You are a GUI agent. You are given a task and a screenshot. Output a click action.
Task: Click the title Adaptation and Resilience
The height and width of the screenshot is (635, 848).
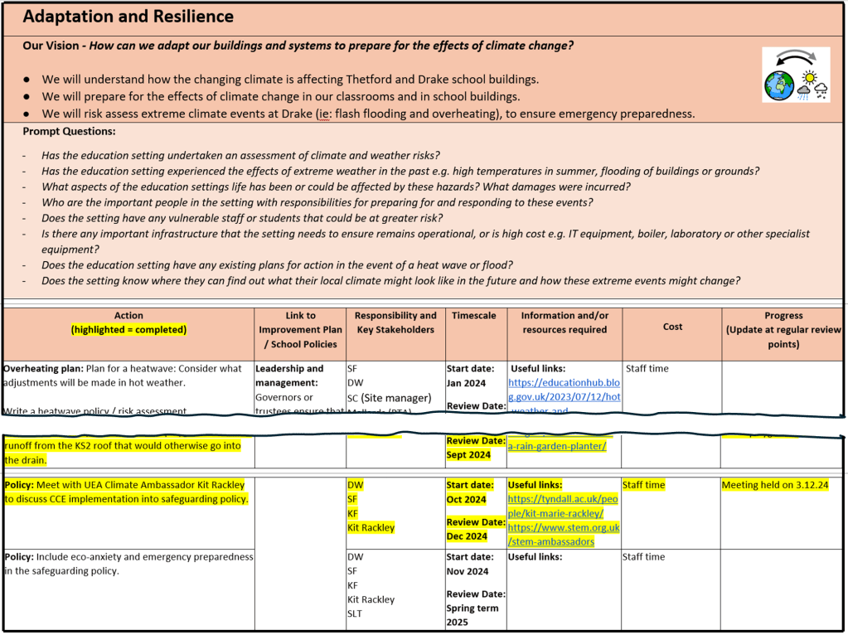coord(128,17)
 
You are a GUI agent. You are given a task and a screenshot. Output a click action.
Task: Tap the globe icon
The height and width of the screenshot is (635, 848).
coord(779,85)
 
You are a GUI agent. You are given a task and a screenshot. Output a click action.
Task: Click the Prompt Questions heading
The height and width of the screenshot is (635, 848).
coord(70,131)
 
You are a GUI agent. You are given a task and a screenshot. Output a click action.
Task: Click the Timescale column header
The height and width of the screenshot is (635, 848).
coord(474,316)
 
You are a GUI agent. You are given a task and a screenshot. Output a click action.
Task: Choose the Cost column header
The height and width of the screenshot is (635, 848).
coord(672,327)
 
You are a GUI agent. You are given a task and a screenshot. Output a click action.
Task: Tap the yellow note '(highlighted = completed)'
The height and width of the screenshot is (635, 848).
coord(128,330)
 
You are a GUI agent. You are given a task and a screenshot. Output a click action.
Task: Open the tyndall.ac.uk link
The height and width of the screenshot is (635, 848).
coord(563,507)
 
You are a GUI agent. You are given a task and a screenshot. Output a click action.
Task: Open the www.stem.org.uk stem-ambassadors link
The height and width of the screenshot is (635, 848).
coord(563,535)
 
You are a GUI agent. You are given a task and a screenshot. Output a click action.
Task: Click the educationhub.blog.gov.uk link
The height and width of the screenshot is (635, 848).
coord(564,390)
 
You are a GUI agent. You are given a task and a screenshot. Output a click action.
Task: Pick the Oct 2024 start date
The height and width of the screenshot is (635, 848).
coord(466,500)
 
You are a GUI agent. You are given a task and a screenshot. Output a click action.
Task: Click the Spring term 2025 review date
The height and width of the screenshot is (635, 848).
coord(472,615)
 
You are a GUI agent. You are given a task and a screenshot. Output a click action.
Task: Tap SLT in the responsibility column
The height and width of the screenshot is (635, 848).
coord(356,614)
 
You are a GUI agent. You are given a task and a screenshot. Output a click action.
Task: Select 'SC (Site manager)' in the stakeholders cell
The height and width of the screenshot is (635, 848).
coord(389,398)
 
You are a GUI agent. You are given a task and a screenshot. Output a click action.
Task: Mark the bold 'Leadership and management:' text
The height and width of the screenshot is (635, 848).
coord(289,376)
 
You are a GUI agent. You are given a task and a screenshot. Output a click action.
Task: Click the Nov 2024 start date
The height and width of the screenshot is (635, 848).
coord(467,571)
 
